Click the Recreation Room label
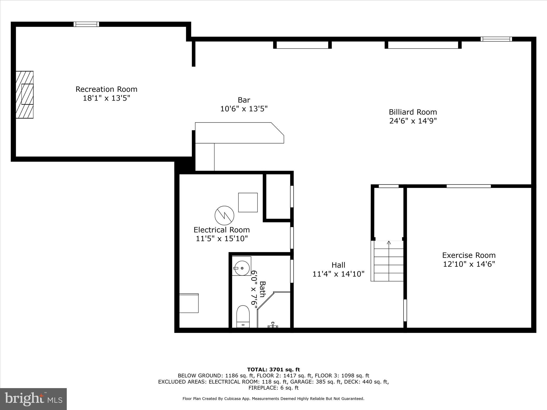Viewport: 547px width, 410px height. point(106,89)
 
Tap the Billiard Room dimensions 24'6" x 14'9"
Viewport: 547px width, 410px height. point(413,121)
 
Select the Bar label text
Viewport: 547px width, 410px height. point(244,100)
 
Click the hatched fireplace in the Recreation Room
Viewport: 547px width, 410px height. point(25,94)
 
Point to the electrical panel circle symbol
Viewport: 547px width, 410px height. point(224,215)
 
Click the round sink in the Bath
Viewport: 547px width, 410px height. point(242,268)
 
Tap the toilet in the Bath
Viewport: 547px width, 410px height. point(243,316)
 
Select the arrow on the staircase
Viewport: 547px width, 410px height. point(389,243)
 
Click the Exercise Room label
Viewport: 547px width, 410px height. point(469,255)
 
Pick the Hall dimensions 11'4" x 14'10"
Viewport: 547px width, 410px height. point(338,274)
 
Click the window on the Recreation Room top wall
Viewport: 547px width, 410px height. point(86,24)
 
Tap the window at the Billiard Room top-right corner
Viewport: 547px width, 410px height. point(496,39)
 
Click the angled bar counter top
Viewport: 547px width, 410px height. point(239,133)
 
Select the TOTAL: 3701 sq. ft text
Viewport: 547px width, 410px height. point(273,370)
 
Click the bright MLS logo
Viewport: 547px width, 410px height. point(33,399)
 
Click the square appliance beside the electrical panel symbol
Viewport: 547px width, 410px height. point(248,202)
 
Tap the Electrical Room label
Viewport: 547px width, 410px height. point(222,230)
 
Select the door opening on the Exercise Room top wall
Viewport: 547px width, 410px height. point(468,186)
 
